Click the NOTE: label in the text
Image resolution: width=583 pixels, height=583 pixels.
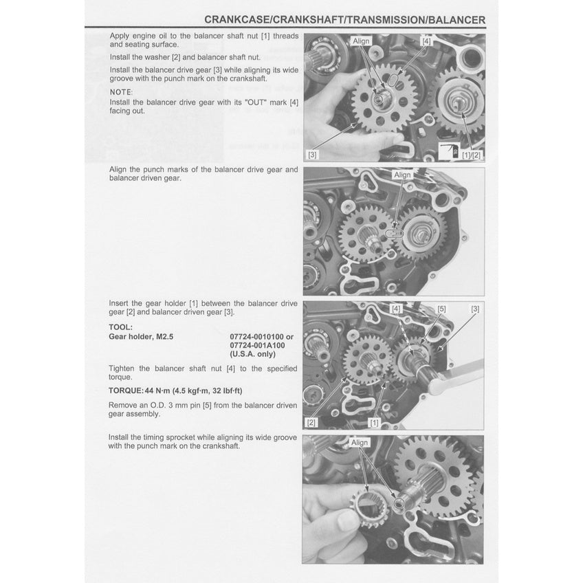click(x=122, y=91)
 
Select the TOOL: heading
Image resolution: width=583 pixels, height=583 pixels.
click(x=121, y=327)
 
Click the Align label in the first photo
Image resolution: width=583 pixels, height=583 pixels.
click(x=361, y=41)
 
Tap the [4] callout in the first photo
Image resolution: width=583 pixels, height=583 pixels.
click(x=427, y=41)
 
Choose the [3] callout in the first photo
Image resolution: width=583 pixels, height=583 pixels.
click(x=313, y=154)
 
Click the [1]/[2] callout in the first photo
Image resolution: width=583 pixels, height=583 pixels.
click(x=472, y=154)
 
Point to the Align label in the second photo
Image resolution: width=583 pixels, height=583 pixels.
click(x=402, y=175)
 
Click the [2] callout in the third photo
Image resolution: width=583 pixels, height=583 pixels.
click(x=311, y=421)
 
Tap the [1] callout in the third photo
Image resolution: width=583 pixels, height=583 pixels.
click(x=374, y=421)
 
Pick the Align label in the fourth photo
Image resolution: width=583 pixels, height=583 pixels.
click(x=360, y=443)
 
